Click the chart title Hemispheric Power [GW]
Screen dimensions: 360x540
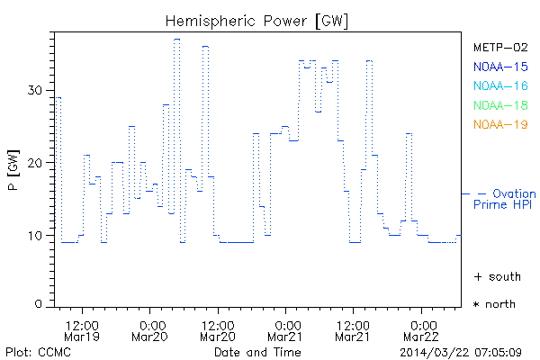[x=257, y=20]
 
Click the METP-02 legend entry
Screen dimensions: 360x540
[x=500, y=47]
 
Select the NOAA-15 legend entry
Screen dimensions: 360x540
[x=500, y=67]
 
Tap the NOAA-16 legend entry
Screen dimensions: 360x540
[x=500, y=86]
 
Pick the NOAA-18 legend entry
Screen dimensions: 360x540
[x=500, y=105]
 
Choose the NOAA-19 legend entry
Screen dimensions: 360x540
[x=500, y=125]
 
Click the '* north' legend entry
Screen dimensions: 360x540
[x=494, y=304]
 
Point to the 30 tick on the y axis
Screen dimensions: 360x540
[x=35, y=90]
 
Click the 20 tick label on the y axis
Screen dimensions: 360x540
[x=35, y=163]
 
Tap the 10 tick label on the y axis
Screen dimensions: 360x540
[x=35, y=236]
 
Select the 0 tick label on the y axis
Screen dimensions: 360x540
[x=39, y=304]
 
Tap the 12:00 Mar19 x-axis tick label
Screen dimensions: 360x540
[x=82, y=329]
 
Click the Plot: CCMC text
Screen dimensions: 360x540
[x=38, y=351]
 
